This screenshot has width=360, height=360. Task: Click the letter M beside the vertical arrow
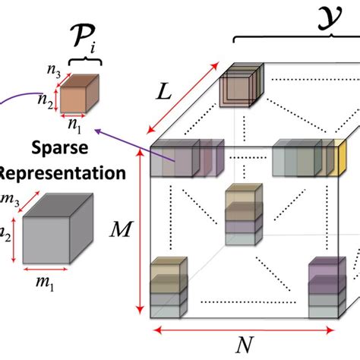(120, 226)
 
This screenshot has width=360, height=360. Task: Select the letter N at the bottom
(244, 346)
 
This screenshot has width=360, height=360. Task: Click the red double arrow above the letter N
(244, 330)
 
